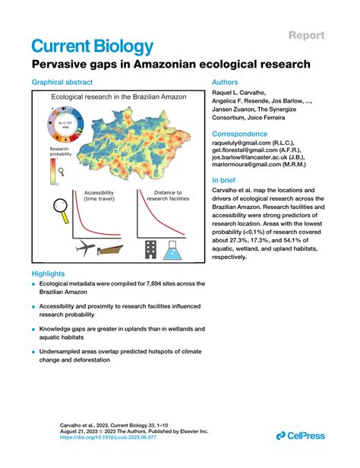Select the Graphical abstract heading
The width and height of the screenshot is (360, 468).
click(x=63, y=81)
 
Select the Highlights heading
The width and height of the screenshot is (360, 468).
click(x=48, y=273)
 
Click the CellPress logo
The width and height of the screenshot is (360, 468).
click(x=299, y=435)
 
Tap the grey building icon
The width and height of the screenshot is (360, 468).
click(x=150, y=245)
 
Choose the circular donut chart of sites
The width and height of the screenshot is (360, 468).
click(x=61, y=125)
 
